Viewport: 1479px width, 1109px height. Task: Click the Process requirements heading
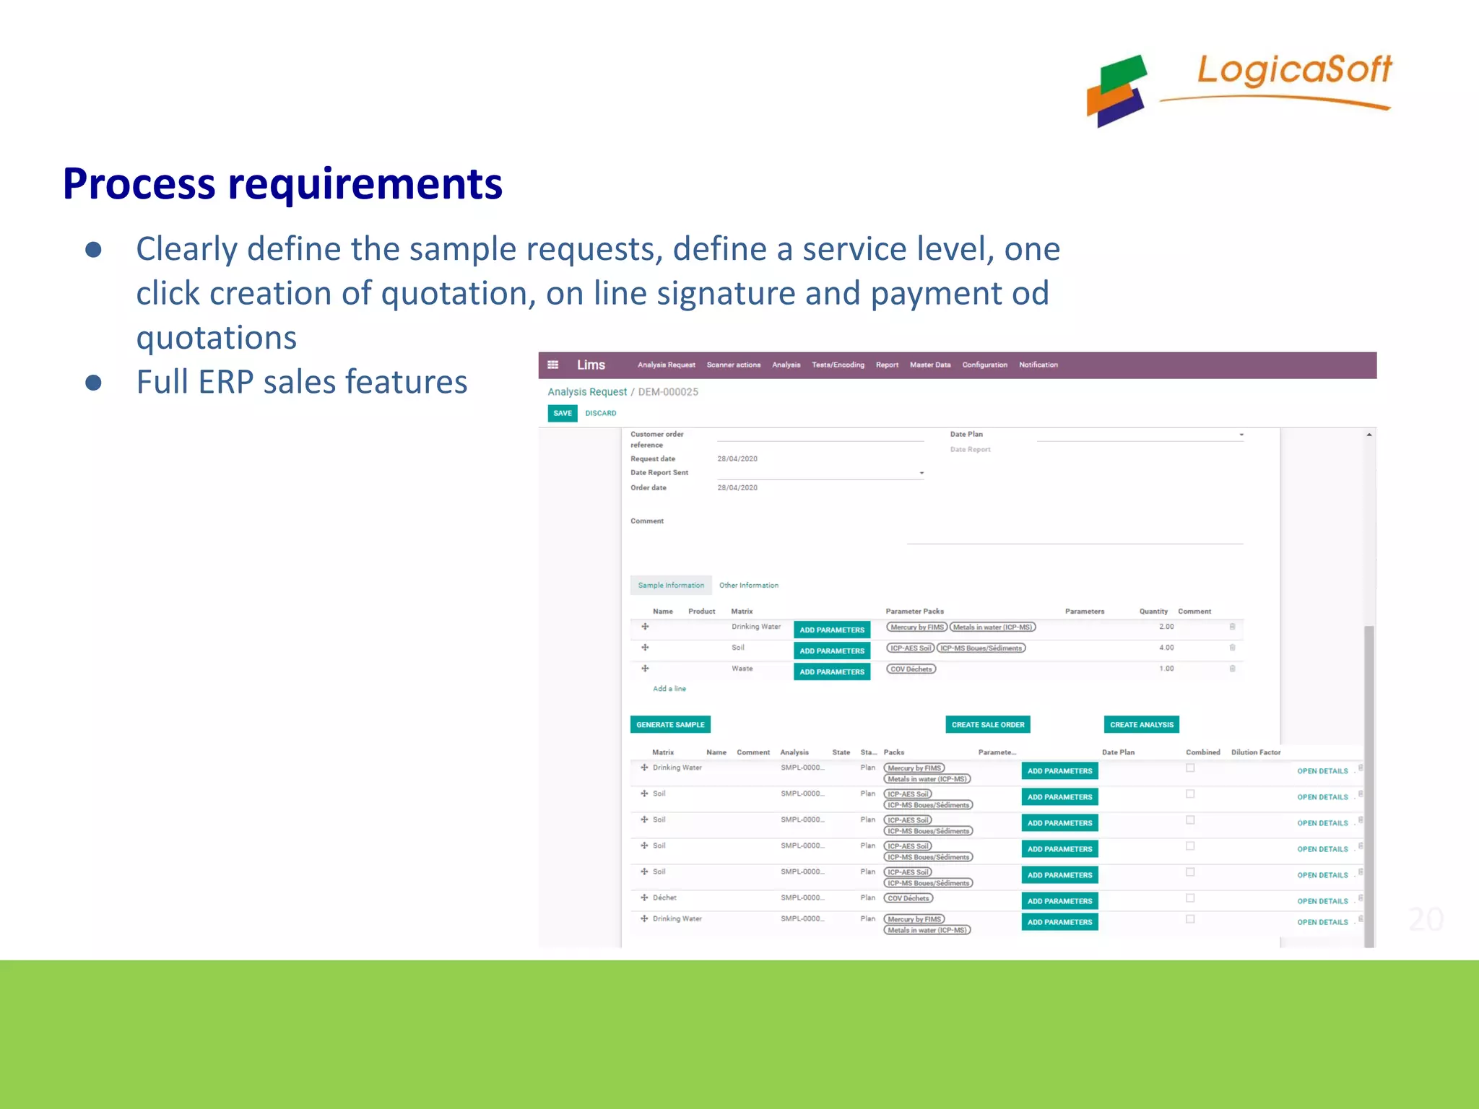coord(282,183)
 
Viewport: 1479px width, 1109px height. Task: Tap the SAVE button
coord(563,413)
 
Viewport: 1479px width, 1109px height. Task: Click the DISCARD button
coord(601,413)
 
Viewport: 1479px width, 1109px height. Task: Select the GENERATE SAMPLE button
coord(670,724)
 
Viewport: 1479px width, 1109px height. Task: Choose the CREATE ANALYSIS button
coord(1141,724)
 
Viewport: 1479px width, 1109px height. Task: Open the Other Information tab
coord(748,585)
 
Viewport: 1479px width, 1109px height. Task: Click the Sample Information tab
coord(671,585)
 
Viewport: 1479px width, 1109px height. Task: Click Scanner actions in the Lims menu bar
coord(733,365)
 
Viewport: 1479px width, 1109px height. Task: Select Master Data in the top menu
coord(929,365)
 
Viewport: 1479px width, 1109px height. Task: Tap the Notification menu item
coord(1038,365)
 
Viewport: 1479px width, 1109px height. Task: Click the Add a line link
coord(669,689)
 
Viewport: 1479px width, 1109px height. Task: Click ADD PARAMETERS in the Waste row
coord(831,671)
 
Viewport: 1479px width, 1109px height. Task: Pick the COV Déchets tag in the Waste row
coord(911,669)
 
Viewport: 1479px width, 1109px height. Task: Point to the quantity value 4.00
coord(1166,648)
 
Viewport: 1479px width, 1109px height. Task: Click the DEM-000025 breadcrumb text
coord(668,392)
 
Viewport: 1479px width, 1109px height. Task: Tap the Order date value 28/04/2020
coord(737,488)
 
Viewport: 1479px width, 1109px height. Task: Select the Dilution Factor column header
coord(1255,752)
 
